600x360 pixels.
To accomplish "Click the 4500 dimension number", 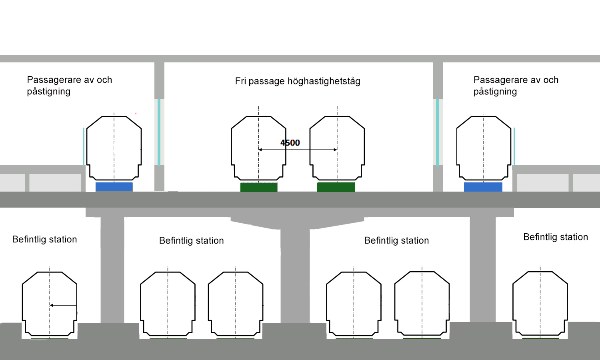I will (290, 143).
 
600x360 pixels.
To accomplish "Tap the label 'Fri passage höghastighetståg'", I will (298, 81).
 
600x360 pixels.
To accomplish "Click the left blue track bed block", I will (114, 187).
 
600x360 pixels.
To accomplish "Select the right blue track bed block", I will (483, 187).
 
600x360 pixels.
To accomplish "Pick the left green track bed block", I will (259, 187).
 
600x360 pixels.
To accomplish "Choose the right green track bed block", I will (336, 187).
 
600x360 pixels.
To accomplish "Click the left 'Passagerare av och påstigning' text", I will (69, 86).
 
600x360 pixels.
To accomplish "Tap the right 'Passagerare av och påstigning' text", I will (516, 86).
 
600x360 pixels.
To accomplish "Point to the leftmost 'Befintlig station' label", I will (44, 240).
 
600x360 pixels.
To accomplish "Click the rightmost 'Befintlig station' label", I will (556, 237).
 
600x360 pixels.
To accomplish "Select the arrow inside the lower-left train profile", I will (63, 305).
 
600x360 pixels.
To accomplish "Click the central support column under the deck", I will (295, 276).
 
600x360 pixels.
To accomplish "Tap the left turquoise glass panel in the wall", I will (159, 132).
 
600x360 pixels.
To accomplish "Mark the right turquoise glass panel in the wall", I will (437, 132).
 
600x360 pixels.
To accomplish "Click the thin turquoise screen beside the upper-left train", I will (84, 146).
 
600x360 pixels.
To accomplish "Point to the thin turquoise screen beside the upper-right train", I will (514, 146).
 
